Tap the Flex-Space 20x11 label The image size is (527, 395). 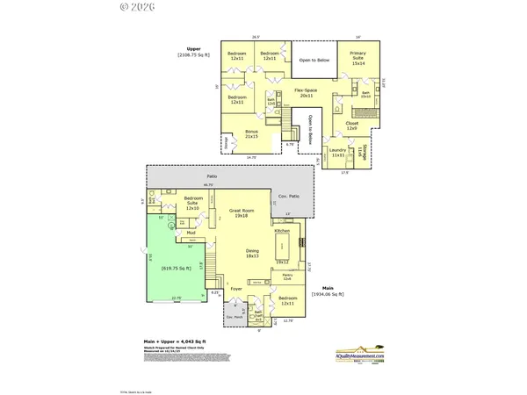[x=306, y=91]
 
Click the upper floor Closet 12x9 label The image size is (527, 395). [x=352, y=126]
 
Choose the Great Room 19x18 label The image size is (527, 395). [x=241, y=213]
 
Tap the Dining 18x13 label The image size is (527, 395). [x=251, y=255]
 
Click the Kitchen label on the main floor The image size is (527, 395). [x=282, y=231]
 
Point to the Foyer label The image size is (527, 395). [x=236, y=288]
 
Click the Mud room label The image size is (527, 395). [x=191, y=233]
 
